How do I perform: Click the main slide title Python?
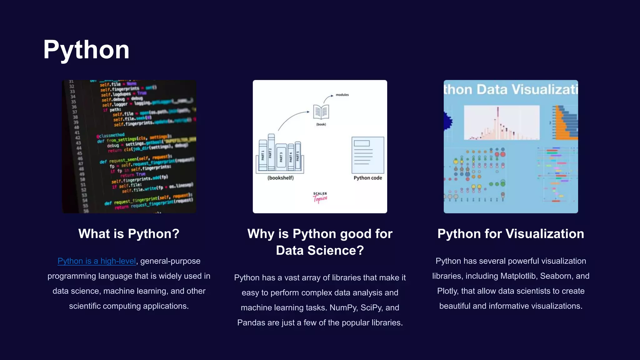(86, 50)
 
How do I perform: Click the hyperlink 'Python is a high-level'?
(97, 261)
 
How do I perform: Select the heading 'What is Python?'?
(129, 234)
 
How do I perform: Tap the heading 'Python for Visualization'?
(511, 234)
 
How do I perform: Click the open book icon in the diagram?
(321, 112)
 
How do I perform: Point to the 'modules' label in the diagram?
(342, 95)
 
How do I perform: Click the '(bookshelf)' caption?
(281, 178)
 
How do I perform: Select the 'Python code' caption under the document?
(368, 178)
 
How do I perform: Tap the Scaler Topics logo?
(320, 197)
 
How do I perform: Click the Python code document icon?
(368, 155)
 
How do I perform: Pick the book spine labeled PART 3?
(281, 157)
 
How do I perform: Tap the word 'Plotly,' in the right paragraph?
(447, 291)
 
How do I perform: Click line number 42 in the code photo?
(78, 138)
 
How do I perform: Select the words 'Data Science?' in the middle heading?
(320, 251)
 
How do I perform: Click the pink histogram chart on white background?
(502, 123)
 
